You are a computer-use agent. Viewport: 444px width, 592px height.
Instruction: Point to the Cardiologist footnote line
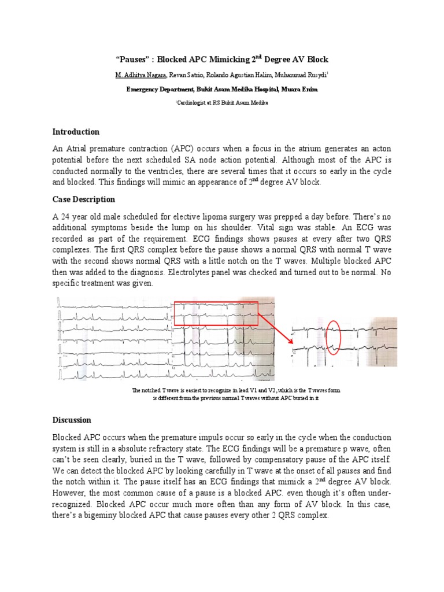click(x=222, y=102)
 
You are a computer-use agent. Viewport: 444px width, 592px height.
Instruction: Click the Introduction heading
click(x=76, y=132)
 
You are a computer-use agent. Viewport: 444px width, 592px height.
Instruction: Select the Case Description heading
click(x=84, y=199)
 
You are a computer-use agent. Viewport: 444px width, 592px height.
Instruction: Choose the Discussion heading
click(x=72, y=420)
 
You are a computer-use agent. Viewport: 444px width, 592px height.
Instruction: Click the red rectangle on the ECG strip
click(x=216, y=316)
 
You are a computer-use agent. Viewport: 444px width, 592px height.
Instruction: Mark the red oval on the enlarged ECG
click(x=333, y=337)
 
